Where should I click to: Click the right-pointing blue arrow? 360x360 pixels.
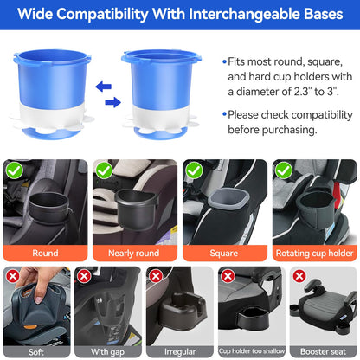point(111,102)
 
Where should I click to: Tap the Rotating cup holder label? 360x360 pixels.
point(314,253)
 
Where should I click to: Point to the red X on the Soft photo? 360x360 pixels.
point(12,275)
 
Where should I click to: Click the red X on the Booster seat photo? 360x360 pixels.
point(299,275)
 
